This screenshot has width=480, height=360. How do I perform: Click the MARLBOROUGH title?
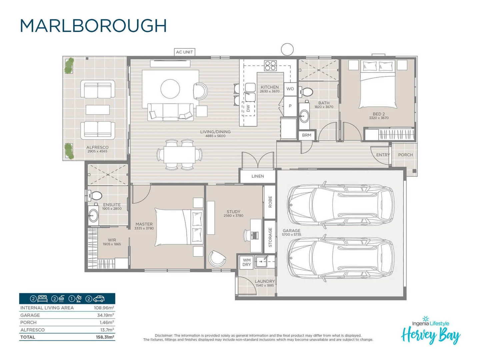[93, 26]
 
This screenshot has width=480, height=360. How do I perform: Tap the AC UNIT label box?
[184, 52]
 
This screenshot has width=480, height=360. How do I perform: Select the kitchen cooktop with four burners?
[270, 66]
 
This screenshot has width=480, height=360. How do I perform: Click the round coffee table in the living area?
[170, 89]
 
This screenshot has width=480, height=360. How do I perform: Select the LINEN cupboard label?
[258, 176]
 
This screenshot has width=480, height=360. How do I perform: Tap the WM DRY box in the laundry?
[247, 262]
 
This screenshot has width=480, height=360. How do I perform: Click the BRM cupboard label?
[307, 135]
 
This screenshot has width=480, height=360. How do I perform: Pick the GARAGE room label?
[291, 231]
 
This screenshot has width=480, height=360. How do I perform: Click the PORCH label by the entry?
[405, 155]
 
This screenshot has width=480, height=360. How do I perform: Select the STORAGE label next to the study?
[270, 237]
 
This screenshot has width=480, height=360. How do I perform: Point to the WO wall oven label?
[290, 89]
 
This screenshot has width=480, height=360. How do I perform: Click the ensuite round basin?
[93, 215]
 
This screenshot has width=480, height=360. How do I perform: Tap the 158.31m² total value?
[105, 337]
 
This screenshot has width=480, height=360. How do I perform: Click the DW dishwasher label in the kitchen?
[248, 108]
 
